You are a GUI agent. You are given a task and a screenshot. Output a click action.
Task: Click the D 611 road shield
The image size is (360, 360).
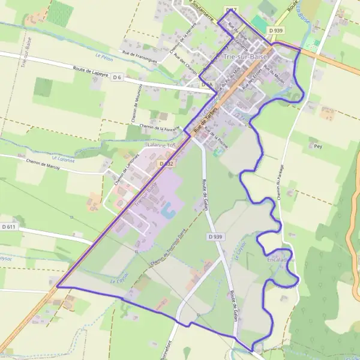[x=8, y=227]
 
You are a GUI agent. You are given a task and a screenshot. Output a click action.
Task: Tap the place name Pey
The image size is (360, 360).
[x=315, y=145]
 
